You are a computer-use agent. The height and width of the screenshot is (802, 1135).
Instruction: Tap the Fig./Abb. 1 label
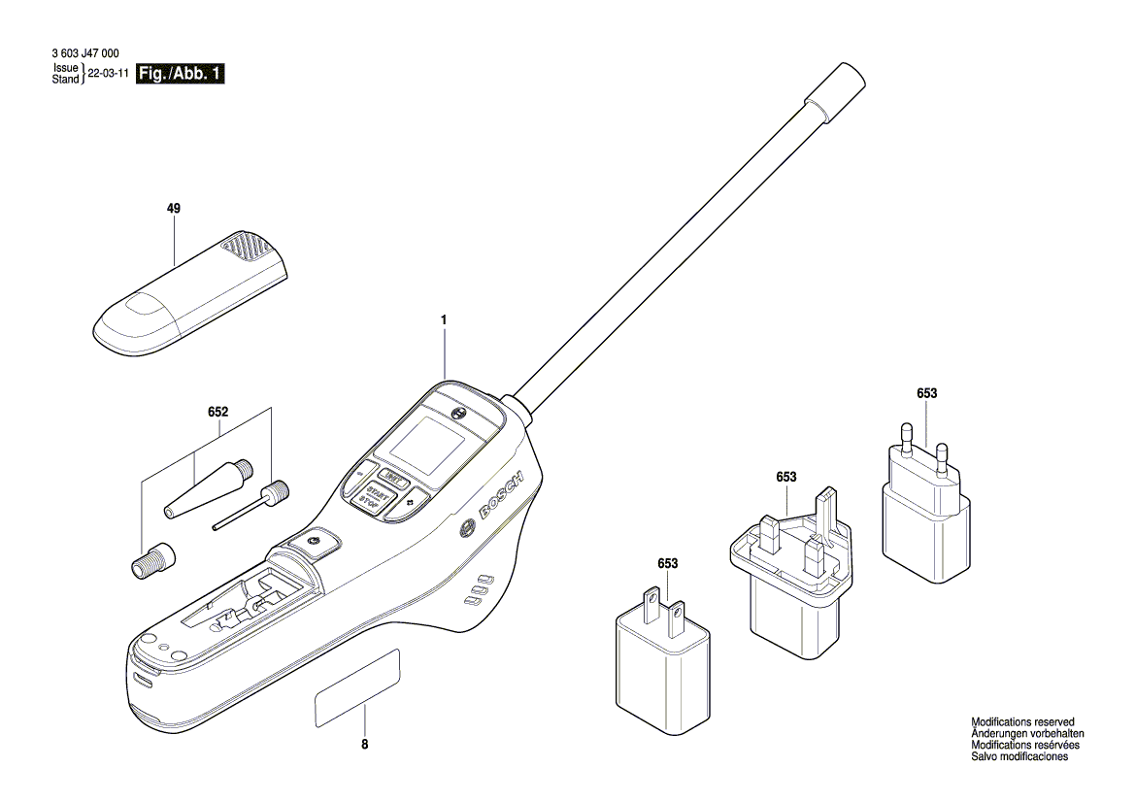184,74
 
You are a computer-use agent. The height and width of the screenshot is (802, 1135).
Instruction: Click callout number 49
174,209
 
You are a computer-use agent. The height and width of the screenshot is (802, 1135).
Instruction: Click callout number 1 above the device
444,319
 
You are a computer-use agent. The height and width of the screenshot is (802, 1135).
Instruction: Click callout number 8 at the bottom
365,745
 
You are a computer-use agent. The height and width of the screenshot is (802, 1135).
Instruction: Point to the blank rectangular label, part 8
357,688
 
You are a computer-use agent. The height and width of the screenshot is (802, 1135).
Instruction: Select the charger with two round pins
925,516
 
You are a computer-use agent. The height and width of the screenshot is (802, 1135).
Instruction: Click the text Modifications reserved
1022,722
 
